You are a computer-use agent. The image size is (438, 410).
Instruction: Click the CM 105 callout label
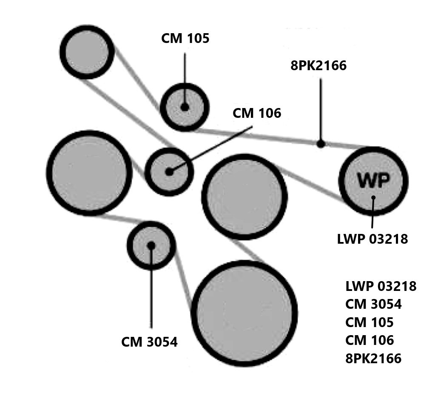[x=185, y=39]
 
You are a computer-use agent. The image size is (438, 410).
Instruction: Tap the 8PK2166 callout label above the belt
[x=319, y=65]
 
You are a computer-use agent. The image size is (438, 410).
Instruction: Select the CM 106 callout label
[x=257, y=114]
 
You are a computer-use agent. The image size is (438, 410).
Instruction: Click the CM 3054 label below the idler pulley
[x=149, y=342]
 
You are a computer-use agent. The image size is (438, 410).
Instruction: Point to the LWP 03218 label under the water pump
[x=372, y=239]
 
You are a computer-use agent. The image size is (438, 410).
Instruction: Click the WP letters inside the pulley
[x=373, y=180]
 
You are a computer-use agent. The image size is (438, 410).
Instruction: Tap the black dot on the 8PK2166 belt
[x=321, y=144]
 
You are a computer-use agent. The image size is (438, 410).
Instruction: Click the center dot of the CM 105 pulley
[x=185, y=107]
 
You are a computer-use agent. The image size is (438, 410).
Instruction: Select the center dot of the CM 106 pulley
[x=169, y=172]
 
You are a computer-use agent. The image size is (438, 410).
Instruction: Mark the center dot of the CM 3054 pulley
[x=151, y=245]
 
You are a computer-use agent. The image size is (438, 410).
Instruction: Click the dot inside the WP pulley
[x=373, y=197]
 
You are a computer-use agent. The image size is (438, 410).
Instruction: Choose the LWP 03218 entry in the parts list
[x=381, y=286]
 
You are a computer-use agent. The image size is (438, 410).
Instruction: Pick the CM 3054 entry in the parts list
[x=373, y=305]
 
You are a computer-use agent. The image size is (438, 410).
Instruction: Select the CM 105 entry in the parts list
[x=369, y=322]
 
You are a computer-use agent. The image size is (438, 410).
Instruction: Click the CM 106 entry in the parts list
[x=370, y=340]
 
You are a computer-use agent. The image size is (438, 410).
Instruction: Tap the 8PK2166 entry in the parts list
[x=373, y=359]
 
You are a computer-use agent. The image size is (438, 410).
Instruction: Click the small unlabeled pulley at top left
[x=87, y=52]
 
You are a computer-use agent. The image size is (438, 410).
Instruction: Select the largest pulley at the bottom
[x=244, y=313]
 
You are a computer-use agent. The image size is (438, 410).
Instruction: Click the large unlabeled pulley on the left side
[x=89, y=173]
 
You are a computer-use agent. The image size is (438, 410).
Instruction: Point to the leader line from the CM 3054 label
[x=151, y=293]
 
